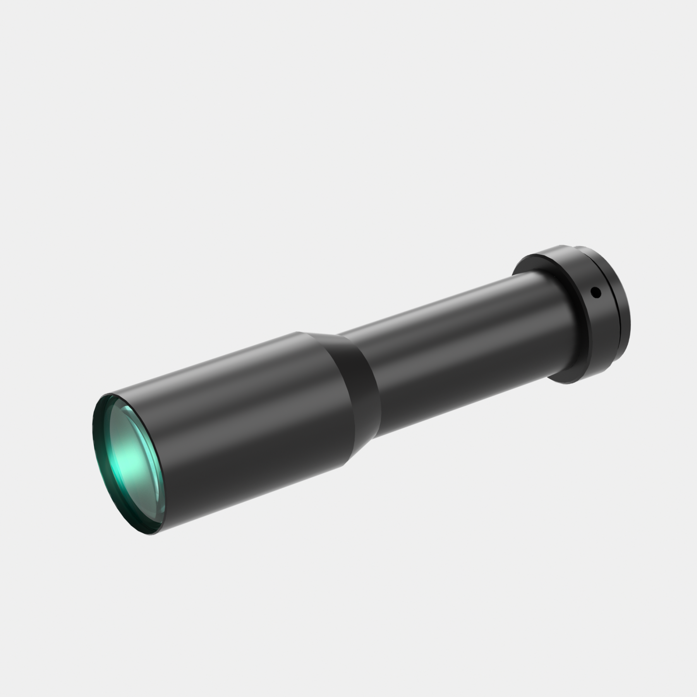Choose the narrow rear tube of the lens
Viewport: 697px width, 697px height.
[445, 341]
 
